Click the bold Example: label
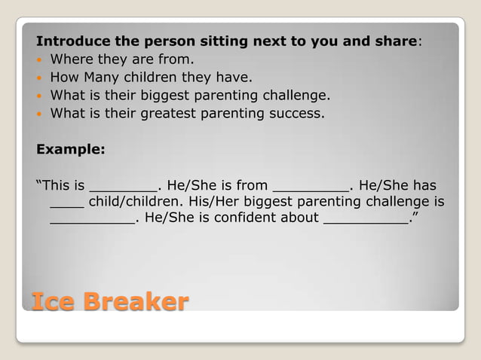click(71, 148)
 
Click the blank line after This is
click(124, 188)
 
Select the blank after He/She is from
click(311, 188)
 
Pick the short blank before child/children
click(67, 206)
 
